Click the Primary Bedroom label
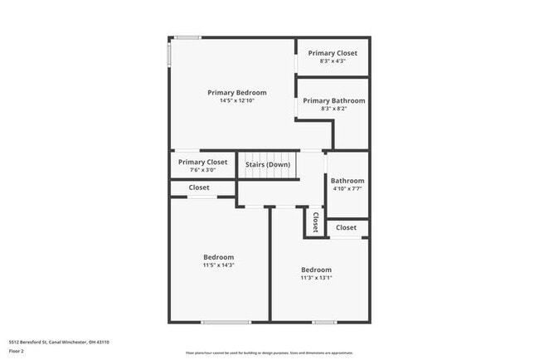point(237,92)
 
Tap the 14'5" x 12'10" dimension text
point(237,101)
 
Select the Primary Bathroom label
point(333,100)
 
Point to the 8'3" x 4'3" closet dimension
point(333,61)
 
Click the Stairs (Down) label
point(268,163)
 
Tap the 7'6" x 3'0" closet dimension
point(202,170)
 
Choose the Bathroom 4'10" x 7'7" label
point(347,184)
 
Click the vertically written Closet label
point(316,222)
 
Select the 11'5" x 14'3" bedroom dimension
point(219,265)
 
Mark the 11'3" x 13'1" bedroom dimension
point(316,278)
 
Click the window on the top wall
point(187,37)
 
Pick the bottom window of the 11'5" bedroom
point(226,322)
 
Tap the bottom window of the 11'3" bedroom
point(324,322)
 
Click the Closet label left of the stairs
point(199,188)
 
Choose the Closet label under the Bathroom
point(347,227)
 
